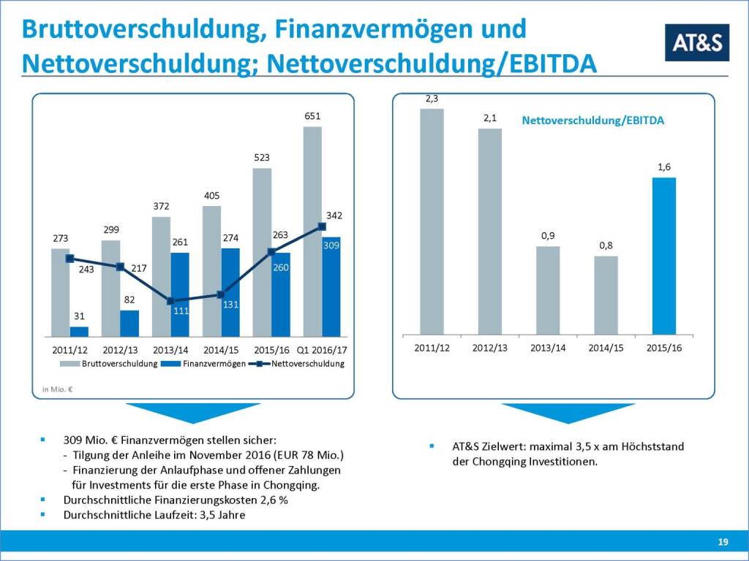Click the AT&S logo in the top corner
click(x=696, y=42)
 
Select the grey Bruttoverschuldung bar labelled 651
click(x=312, y=231)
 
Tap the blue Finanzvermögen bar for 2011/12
click(x=79, y=331)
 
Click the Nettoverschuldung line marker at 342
click(x=322, y=227)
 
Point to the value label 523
click(x=262, y=158)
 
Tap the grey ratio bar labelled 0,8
click(x=606, y=295)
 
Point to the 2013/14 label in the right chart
click(x=548, y=348)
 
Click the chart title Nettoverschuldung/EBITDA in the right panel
click(x=593, y=121)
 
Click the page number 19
click(x=723, y=541)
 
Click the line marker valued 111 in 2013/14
click(x=170, y=301)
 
